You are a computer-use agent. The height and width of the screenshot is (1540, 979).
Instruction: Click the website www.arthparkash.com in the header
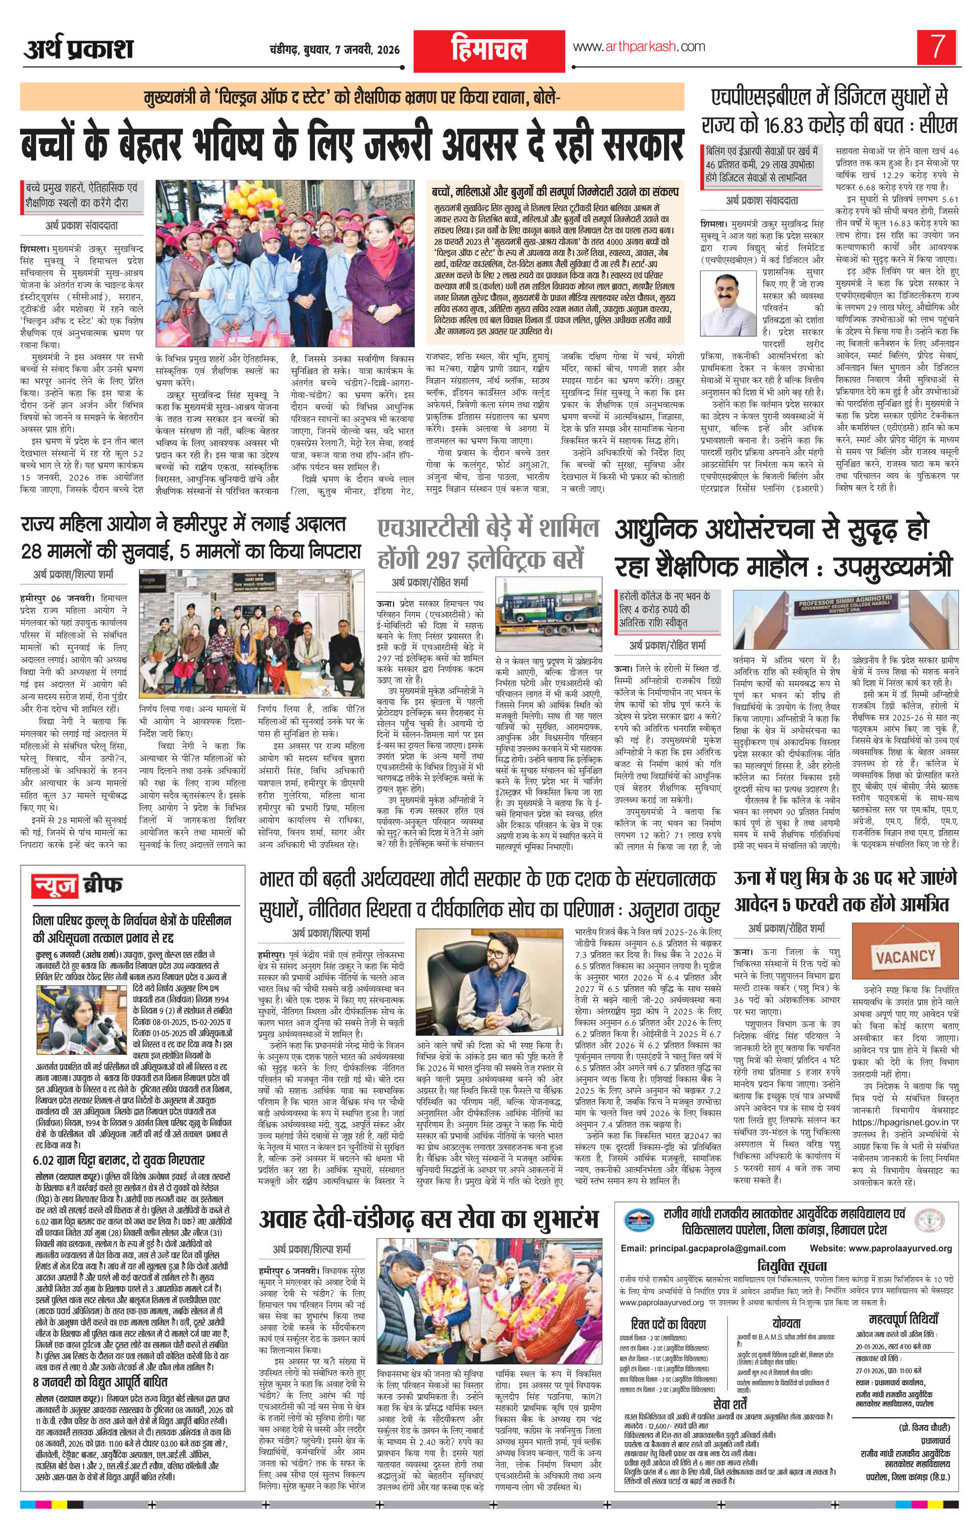[639, 46]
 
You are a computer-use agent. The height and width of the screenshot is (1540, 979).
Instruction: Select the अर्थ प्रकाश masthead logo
[79, 48]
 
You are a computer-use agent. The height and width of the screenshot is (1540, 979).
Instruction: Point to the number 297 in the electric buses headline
[457, 559]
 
